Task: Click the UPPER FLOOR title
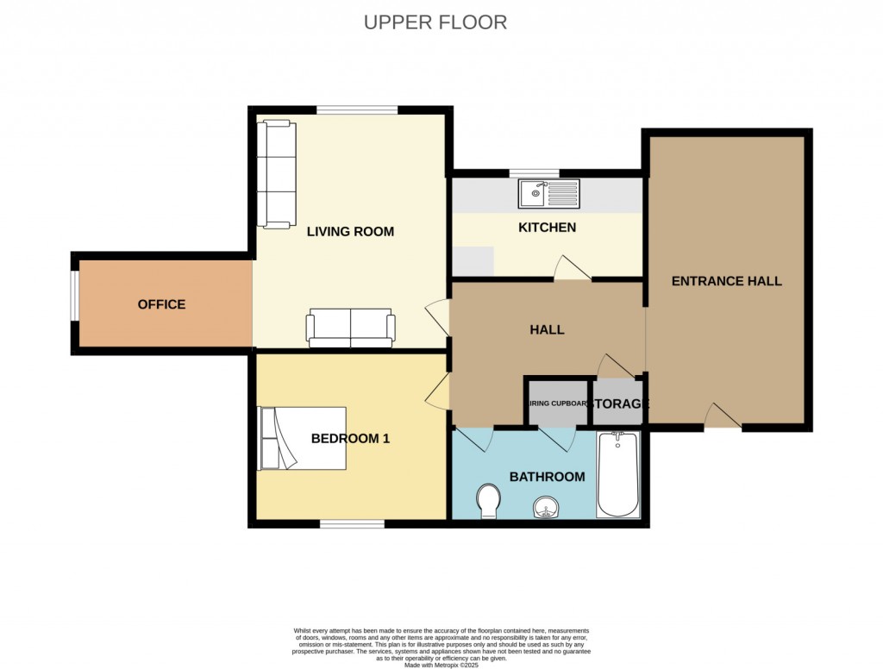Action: point(435,22)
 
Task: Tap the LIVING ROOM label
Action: point(350,231)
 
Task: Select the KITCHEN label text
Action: point(547,228)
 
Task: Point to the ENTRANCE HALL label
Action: point(726,281)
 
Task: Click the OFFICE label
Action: point(161,304)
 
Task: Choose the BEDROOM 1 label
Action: point(350,438)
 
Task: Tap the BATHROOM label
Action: point(547,477)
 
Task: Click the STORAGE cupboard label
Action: point(618,404)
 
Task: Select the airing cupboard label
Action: point(557,403)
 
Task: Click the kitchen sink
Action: point(549,194)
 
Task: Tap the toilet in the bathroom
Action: point(489,500)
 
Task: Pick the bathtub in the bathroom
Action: point(617,474)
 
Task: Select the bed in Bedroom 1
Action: point(303,438)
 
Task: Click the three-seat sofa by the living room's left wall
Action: point(276,175)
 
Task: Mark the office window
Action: point(74,304)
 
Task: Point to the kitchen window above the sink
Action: point(535,173)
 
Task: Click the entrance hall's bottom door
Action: point(723,417)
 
